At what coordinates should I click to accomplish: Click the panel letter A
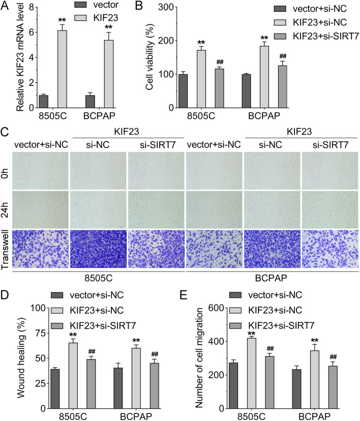coord(5,7)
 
